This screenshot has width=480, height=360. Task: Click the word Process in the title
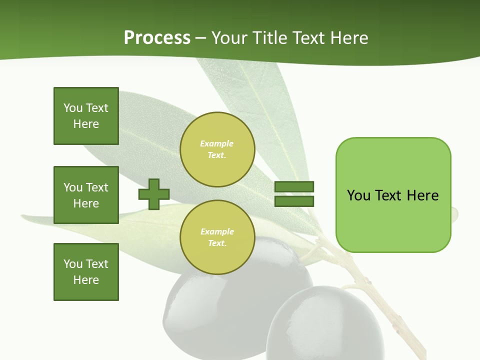point(157,38)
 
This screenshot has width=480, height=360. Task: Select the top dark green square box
point(86,116)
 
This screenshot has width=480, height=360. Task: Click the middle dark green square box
point(86,195)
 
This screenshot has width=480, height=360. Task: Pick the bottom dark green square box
point(86,272)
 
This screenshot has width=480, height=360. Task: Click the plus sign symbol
point(154,194)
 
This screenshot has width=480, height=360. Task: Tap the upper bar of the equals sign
point(294,187)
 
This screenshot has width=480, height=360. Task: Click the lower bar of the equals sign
point(294,201)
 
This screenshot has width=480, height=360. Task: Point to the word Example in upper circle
point(216,143)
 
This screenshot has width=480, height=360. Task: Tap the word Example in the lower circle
point(217,231)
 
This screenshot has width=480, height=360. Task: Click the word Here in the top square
point(86,124)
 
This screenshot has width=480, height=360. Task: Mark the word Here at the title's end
point(350,38)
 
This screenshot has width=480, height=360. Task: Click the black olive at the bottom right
point(320,325)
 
